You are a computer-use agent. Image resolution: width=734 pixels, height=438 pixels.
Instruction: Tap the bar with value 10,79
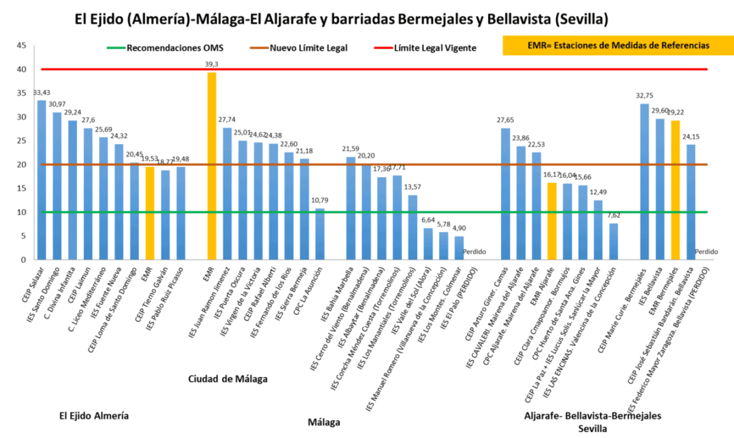[320, 234]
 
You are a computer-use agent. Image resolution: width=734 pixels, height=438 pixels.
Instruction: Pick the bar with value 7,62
[613, 242]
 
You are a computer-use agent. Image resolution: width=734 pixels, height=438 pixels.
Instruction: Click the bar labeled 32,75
[645, 182]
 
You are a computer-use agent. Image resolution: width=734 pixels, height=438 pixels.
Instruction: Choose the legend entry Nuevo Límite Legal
[309, 48]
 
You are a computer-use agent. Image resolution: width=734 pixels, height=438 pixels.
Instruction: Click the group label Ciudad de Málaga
[227, 378]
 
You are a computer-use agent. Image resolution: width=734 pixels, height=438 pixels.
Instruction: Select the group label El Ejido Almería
[94, 415]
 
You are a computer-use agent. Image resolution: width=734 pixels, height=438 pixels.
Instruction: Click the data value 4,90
[458, 229]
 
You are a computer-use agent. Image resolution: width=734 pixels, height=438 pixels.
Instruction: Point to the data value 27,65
[506, 120]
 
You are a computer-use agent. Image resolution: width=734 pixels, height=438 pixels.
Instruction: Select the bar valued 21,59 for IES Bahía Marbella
[351, 209]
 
